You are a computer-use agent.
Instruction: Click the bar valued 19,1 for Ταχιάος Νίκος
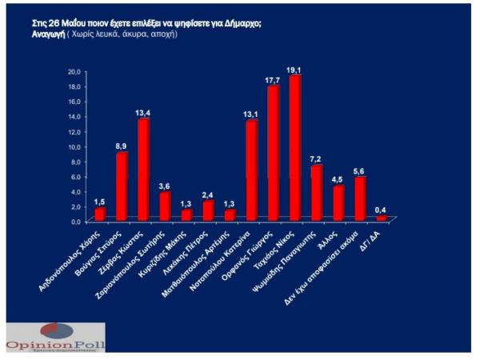coord(294,148)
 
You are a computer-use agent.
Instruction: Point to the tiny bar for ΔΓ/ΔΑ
coord(381,218)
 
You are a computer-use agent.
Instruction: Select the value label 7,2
coord(316,158)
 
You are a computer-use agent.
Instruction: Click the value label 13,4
coord(143,112)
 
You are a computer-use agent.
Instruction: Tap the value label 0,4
coord(382,209)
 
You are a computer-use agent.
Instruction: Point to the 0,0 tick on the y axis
coord(75,221)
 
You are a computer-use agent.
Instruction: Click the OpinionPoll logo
coord(55,337)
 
